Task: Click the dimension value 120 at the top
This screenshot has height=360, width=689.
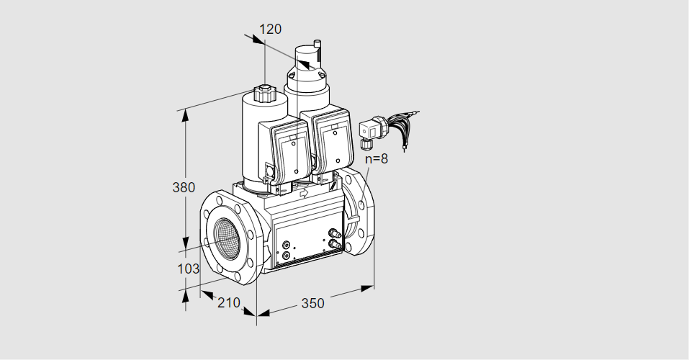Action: point(270,30)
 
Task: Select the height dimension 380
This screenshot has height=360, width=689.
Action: point(184,188)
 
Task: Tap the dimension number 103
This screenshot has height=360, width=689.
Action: point(187,268)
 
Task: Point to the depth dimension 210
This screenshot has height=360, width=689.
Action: point(228,303)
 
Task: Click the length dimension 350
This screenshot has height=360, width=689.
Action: point(312,303)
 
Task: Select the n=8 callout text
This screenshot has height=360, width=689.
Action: point(376,159)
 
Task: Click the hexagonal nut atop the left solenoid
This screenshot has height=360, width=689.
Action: point(264,94)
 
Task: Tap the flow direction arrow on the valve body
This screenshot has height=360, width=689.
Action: point(303,193)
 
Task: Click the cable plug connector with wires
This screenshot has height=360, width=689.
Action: point(371,131)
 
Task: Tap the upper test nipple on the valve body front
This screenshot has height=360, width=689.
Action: point(333,233)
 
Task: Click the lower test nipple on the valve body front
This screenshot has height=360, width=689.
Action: point(333,245)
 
